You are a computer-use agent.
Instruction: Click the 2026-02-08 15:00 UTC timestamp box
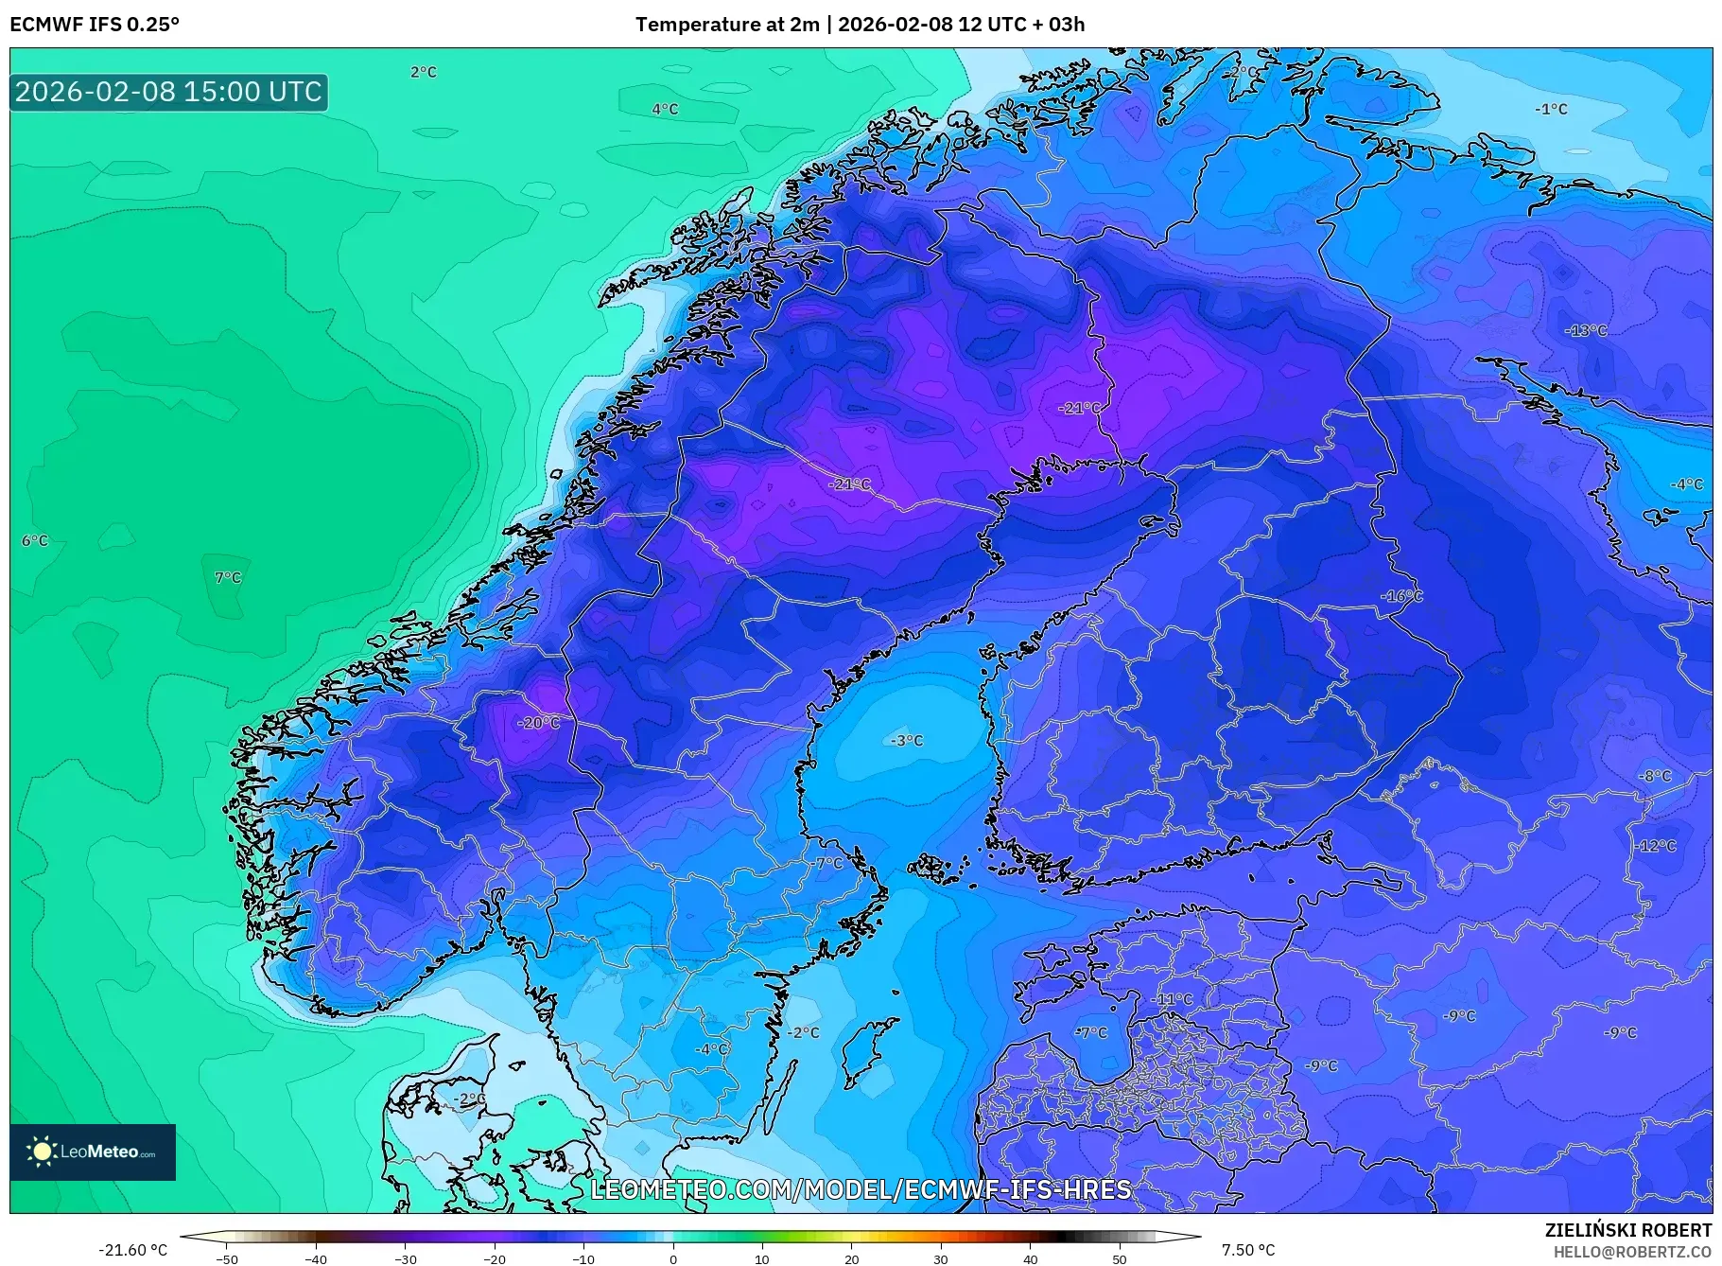tap(168, 92)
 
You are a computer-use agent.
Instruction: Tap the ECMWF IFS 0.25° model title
tap(95, 25)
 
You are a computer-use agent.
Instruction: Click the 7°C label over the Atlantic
tap(228, 577)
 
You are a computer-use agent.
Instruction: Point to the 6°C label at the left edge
tap(35, 540)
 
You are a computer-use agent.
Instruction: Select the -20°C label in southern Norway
tap(538, 723)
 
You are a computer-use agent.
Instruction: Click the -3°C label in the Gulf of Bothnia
tap(906, 740)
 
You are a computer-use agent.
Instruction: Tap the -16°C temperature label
tap(1400, 596)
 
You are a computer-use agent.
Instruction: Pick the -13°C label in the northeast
tap(1586, 330)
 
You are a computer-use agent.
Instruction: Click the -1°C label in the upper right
tap(1551, 109)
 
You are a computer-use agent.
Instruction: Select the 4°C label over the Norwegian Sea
tap(665, 109)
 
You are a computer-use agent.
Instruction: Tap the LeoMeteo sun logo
tap(42, 1152)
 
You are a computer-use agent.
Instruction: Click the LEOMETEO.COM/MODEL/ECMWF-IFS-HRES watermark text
tap(861, 1189)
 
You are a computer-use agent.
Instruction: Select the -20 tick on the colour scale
tap(495, 1258)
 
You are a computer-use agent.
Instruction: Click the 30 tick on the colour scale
tap(941, 1258)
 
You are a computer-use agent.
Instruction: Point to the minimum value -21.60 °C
tap(132, 1250)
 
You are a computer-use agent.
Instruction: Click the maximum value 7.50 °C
tap(1248, 1250)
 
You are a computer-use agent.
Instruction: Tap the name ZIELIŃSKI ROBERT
tap(1627, 1230)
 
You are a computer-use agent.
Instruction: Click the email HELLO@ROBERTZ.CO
tap(1631, 1252)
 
